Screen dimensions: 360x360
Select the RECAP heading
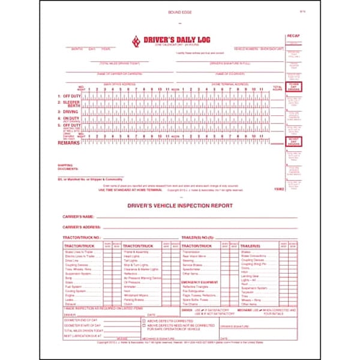293,35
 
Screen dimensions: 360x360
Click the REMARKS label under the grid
67,143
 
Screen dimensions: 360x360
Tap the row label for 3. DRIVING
68,112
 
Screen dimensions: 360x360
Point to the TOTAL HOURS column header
277,88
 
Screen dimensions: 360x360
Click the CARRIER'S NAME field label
79,217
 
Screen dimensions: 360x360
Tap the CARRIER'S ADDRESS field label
82,227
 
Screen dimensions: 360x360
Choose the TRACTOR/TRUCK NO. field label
82,238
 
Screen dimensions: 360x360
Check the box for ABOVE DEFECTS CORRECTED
143,321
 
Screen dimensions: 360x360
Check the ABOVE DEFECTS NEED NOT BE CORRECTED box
143,326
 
